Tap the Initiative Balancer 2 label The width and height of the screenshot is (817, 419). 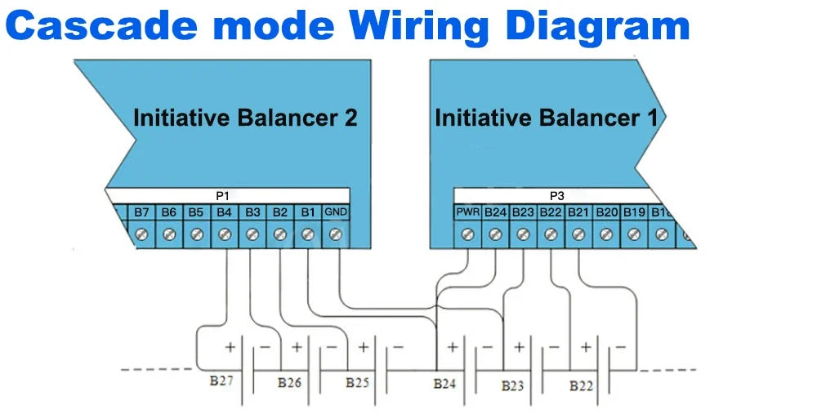coord(245,118)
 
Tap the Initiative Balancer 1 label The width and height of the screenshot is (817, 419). coord(546,118)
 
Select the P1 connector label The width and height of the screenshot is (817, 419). coord(222,196)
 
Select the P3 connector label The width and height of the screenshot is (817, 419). coord(556,196)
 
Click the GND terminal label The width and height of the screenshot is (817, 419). coord(335,212)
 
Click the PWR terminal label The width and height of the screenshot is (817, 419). coord(467,212)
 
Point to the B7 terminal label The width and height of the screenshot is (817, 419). coord(141,212)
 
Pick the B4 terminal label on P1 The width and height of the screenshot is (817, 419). coord(224,212)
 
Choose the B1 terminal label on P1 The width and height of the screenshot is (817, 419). coord(307,212)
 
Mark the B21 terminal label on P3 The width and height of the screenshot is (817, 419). coord(578,212)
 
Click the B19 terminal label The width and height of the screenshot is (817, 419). coord(634,212)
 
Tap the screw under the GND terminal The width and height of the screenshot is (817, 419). coord(335,234)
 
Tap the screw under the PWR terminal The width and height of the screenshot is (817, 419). coord(467,234)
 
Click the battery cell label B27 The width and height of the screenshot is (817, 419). coord(220,381)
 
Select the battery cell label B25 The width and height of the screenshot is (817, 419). coord(357,381)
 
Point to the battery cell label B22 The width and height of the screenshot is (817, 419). coord(581,385)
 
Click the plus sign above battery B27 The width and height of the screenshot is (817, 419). coord(230,346)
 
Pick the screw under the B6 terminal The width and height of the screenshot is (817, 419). coord(169,234)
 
